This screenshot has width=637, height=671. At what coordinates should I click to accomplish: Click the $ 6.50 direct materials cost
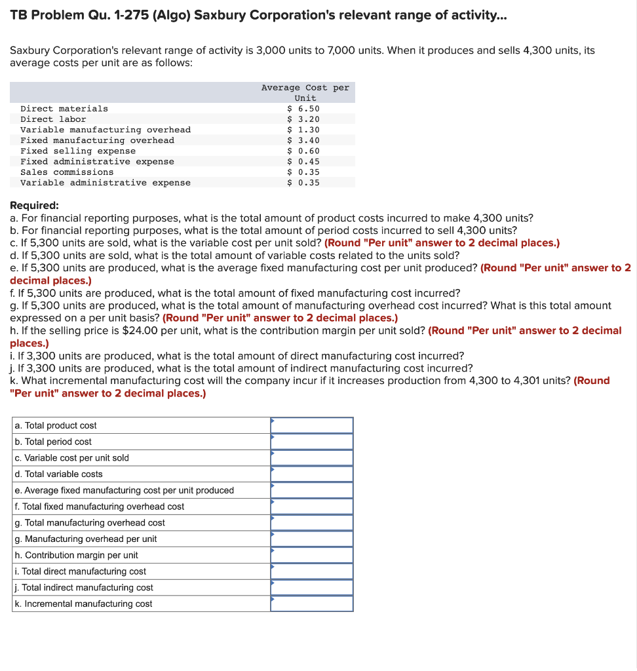(303, 109)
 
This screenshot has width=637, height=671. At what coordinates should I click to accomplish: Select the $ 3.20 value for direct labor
(303, 119)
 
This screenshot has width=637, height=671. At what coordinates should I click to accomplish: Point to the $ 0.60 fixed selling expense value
(303, 151)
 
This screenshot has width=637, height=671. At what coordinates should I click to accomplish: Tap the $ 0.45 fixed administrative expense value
(303, 161)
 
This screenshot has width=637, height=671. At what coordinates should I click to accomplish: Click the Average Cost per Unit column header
(305, 92)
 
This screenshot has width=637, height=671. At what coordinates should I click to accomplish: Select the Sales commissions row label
(67, 172)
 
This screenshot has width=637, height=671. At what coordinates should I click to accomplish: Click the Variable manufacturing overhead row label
(106, 130)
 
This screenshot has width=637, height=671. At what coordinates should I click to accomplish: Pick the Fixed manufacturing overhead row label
(97, 140)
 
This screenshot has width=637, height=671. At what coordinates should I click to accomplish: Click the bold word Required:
(34, 204)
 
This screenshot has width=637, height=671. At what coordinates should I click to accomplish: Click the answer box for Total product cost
(312, 425)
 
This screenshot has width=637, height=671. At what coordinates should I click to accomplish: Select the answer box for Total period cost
(312, 442)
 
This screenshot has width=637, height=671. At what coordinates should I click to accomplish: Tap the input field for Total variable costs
(312, 474)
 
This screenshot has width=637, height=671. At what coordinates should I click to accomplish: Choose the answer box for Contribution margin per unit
(312, 555)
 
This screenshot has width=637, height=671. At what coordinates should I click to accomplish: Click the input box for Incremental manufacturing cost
(312, 604)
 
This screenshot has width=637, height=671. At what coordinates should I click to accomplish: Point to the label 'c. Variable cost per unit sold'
(71, 458)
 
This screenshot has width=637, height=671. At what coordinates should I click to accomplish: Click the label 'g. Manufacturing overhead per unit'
(85, 539)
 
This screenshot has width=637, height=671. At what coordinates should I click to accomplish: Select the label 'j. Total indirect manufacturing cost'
(83, 588)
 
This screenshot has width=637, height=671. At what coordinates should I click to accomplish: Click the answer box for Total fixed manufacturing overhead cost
(312, 507)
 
